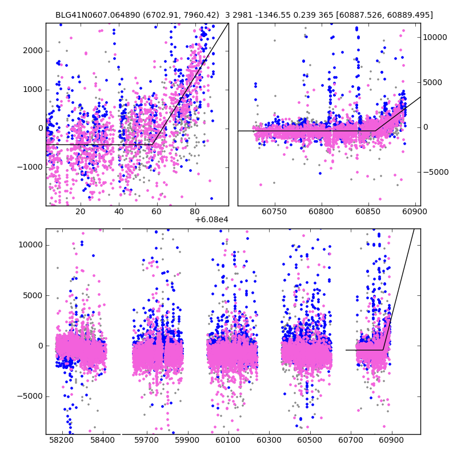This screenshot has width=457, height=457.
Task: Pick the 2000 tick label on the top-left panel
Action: tap(33, 50)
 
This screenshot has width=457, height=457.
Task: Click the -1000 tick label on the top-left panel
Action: tap(30, 167)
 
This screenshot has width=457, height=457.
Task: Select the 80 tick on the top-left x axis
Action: tap(195, 211)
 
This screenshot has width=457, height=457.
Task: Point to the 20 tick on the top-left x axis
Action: tap(80, 211)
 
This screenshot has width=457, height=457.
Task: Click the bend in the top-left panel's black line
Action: tap(153, 145)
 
